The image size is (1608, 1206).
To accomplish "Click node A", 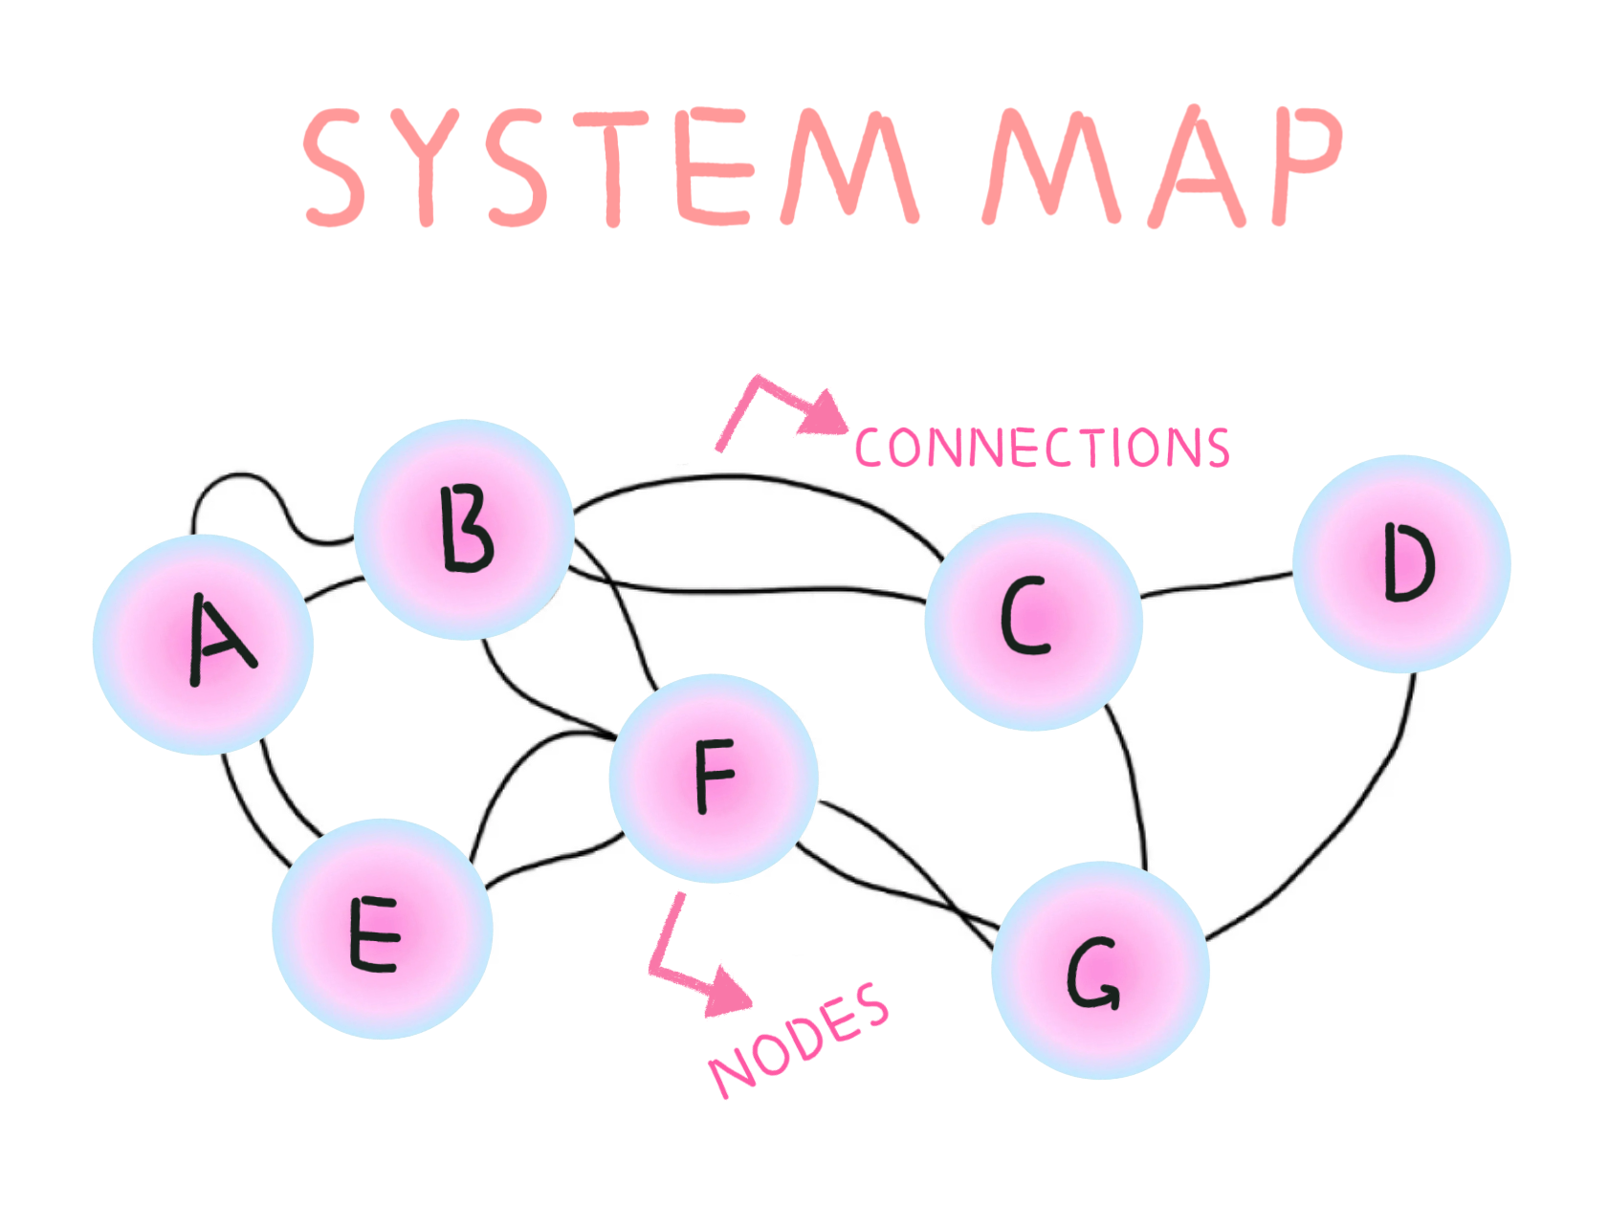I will [x=203, y=644].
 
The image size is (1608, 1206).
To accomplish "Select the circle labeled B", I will [x=464, y=529].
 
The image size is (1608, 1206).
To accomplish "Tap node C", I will [x=1033, y=621].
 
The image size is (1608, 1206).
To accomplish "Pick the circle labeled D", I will [x=1401, y=563].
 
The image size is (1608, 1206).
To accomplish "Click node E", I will [x=383, y=929].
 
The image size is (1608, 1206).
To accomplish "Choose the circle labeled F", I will [x=714, y=778].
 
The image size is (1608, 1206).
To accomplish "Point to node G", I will [x=1100, y=970].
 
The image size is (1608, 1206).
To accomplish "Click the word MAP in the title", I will [x=1162, y=167].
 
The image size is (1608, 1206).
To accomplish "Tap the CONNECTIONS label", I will [x=1041, y=448].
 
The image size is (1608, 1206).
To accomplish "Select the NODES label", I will [x=800, y=1041].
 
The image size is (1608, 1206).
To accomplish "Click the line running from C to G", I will [x=1134, y=784].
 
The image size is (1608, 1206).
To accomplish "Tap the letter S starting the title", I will [x=335, y=167].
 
